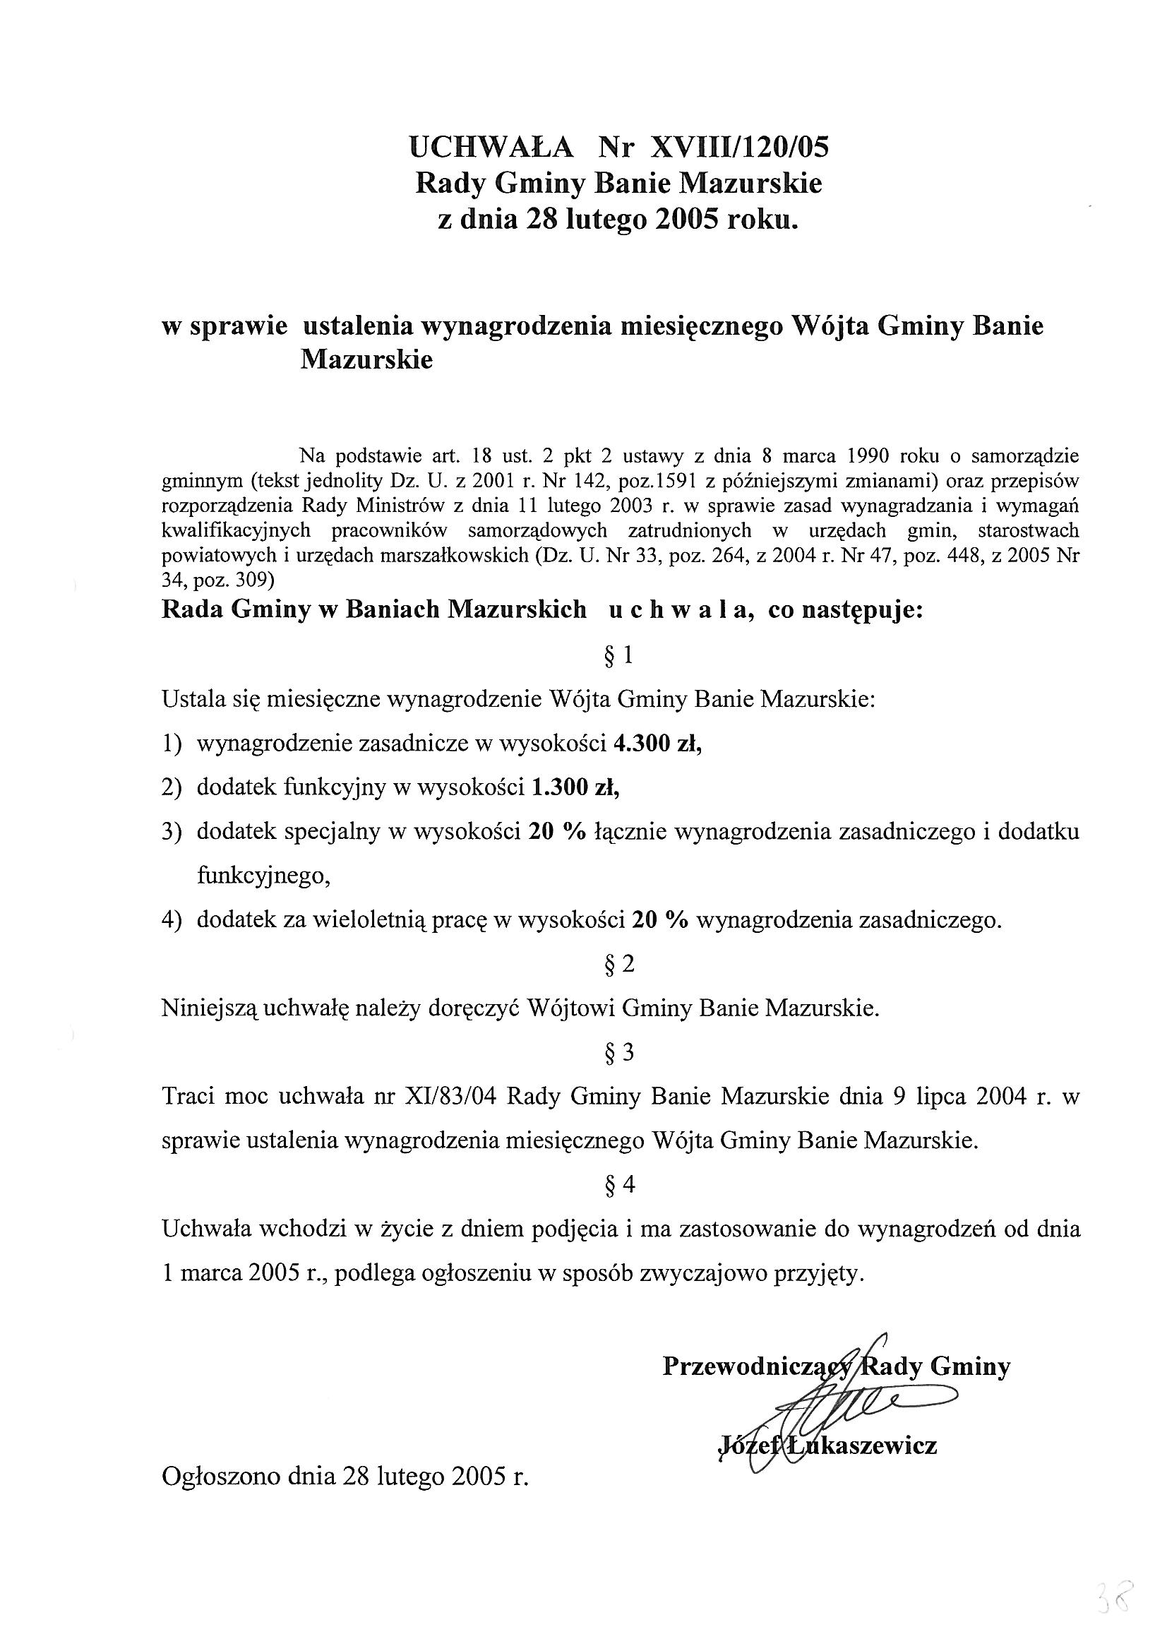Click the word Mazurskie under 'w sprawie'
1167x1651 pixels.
click(x=366, y=359)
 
